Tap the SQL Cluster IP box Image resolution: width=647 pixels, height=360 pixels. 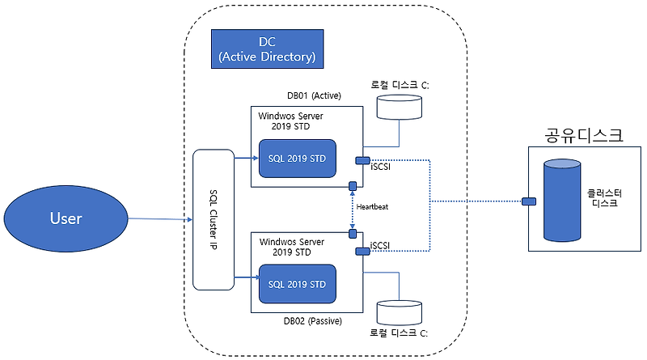tap(213, 219)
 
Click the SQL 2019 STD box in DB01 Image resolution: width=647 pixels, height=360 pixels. tap(297, 159)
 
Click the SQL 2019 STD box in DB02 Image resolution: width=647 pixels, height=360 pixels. tap(297, 284)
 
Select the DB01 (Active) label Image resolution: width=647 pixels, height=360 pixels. tap(314, 95)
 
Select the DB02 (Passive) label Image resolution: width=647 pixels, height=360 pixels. tap(313, 321)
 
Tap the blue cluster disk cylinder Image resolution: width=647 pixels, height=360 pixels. tap(563, 201)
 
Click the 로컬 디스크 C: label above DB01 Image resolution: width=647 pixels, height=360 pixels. tap(399, 83)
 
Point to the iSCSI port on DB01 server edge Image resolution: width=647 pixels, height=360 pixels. tap(362, 159)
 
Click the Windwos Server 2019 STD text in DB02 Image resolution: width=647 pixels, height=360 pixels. tap(292, 247)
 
